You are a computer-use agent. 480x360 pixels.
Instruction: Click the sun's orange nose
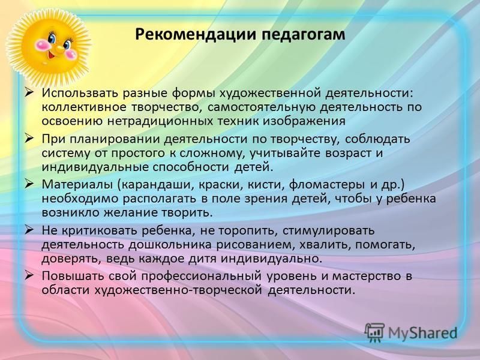click(x=59, y=49)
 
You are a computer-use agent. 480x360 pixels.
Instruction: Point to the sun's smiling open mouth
click(x=51, y=56)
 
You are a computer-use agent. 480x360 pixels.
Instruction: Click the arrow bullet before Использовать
click(x=29, y=92)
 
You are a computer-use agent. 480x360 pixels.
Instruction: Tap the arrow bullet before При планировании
click(x=29, y=139)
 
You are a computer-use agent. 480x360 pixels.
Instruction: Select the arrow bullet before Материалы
click(x=29, y=184)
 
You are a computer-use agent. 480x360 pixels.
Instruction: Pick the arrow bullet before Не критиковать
click(x=29, y=230)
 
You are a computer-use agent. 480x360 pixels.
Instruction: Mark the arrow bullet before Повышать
click(x=29, y=275)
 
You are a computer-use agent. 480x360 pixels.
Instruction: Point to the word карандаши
click(x=157, y=185)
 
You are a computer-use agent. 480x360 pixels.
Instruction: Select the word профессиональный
click(x=202, y=277)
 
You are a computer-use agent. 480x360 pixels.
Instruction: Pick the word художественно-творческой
click(x=178, y=290)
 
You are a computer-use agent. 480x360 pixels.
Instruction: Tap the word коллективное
click(x=84, y=107)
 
